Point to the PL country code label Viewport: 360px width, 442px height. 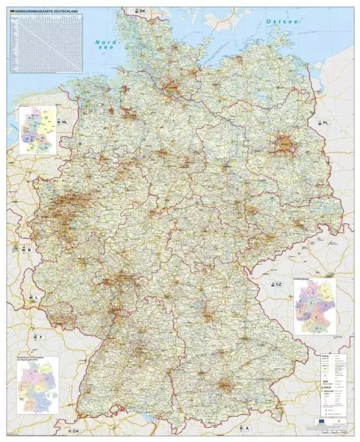pos(323,120)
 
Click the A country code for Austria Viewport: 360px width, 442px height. pos(247,428)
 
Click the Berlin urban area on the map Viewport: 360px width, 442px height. pos(283,144)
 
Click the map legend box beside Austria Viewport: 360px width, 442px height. pos(331,385)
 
